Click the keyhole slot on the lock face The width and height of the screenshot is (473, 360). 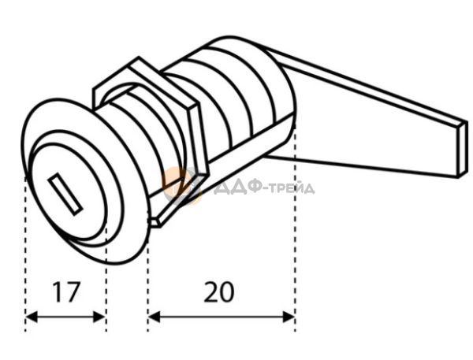[65, 195]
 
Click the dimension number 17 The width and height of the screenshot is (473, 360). [66, 291]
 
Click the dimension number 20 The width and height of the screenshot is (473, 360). [218, 291]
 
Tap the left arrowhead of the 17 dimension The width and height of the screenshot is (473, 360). [32, 317]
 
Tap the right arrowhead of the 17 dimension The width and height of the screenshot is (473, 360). [99, 317]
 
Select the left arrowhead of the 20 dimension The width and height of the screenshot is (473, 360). [154, 317]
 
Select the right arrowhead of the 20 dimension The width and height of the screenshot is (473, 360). [289, 317]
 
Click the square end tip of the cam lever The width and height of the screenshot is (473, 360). [463, 149]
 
